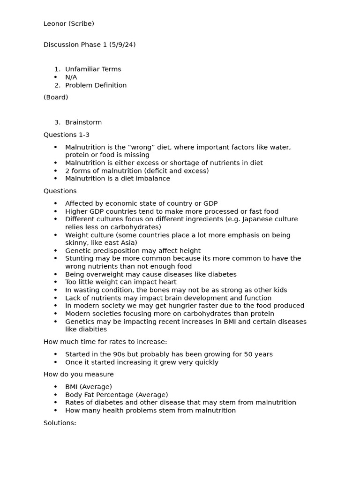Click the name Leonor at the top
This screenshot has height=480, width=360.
[55, 23]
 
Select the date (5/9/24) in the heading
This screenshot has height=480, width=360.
[122, 45]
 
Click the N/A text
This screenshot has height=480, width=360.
[71, 77]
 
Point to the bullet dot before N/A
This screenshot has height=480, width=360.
[56, 77]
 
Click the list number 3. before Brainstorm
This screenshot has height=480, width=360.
[58, 122]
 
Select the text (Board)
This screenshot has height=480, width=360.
[56, 97]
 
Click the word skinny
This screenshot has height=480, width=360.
[76, 243]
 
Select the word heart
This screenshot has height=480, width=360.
[167, 282]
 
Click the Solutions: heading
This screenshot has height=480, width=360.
[60, 423]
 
